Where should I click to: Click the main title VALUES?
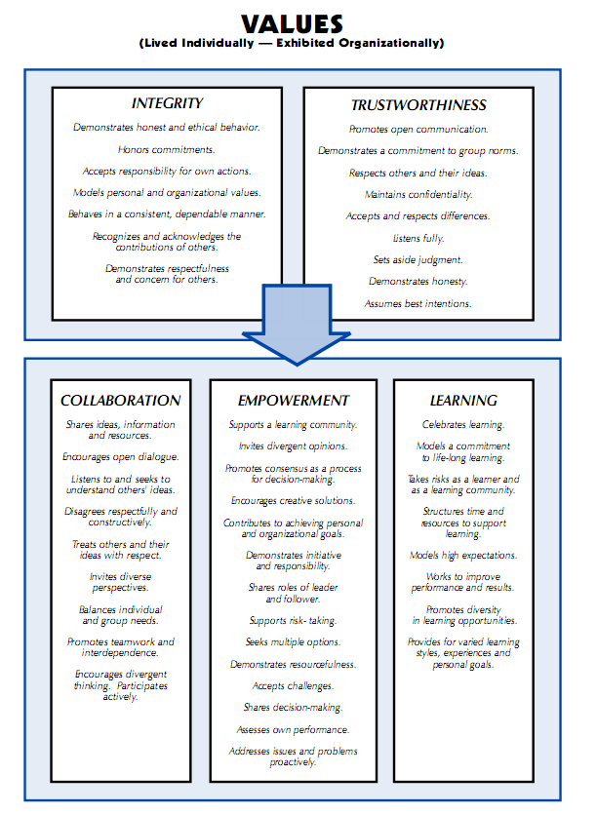click(293, 22)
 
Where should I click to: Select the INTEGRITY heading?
click(167, 103)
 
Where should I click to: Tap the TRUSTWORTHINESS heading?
click(418, 105)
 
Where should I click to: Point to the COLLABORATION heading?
click(121, 401)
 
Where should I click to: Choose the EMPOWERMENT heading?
click(293, 401)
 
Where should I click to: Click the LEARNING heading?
click(463, 401)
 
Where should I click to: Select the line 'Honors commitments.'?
click(167, 149)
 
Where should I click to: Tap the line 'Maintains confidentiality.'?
click(418, 194)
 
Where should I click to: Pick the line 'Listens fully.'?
click(418, 238)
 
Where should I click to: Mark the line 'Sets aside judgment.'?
click(418, 259)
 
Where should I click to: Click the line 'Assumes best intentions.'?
click(418, 303)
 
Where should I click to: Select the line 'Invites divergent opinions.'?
click(293, 446)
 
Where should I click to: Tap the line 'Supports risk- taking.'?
click(293, 620)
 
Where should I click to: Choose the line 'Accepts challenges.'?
click(293, 685)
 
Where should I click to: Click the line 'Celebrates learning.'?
click(463, 425)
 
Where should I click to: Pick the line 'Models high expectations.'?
click(463, 555)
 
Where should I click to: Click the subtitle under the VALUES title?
click(293, 43)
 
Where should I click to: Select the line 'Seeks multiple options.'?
click(293, 642)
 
